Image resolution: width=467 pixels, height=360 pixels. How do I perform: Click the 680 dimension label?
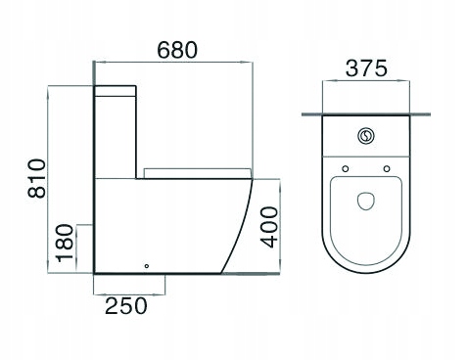(177, 50)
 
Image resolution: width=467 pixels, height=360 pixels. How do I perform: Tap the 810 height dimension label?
(36, 178)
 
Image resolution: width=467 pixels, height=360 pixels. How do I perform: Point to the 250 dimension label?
(126, 305)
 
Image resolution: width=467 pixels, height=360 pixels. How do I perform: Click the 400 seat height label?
(269, 227)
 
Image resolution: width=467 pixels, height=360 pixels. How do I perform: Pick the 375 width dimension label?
(366, 68)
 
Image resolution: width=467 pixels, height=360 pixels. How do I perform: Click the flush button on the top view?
(365, 136)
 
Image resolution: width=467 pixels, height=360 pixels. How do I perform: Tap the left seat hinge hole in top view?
(346, 168)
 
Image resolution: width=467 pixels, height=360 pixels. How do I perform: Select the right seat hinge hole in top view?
(387, 168)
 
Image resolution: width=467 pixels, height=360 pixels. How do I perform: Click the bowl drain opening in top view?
(366, 201)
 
